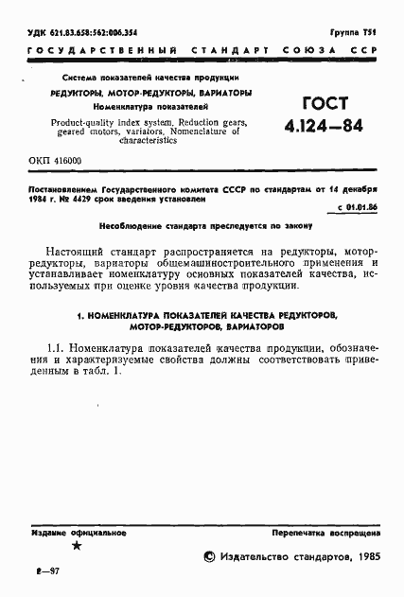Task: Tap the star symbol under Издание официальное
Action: click(x=78, y=546)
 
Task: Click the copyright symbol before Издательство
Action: click(x=209, y=557)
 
